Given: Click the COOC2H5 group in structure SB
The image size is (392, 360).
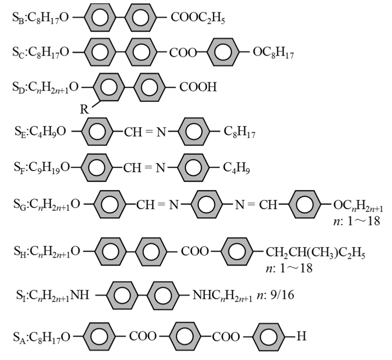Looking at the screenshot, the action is (198, 18).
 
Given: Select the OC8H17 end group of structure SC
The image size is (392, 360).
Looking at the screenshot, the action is (273, 53).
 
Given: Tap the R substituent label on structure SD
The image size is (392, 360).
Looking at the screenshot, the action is (84, 109).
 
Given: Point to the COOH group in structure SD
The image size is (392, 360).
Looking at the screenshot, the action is (198, 87).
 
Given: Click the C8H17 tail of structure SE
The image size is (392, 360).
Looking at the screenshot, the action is (239, 132).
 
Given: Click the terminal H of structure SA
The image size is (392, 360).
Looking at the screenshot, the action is (301, 336).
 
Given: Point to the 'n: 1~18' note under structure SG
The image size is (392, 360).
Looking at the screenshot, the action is (357, 221).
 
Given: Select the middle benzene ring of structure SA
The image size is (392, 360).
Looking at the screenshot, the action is (184, 336).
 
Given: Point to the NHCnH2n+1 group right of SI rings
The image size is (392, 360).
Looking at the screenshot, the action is (222, 296).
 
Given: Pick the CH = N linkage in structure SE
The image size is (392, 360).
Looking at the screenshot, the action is (145, 132).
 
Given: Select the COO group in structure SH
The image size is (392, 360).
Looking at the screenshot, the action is (195, 251).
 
